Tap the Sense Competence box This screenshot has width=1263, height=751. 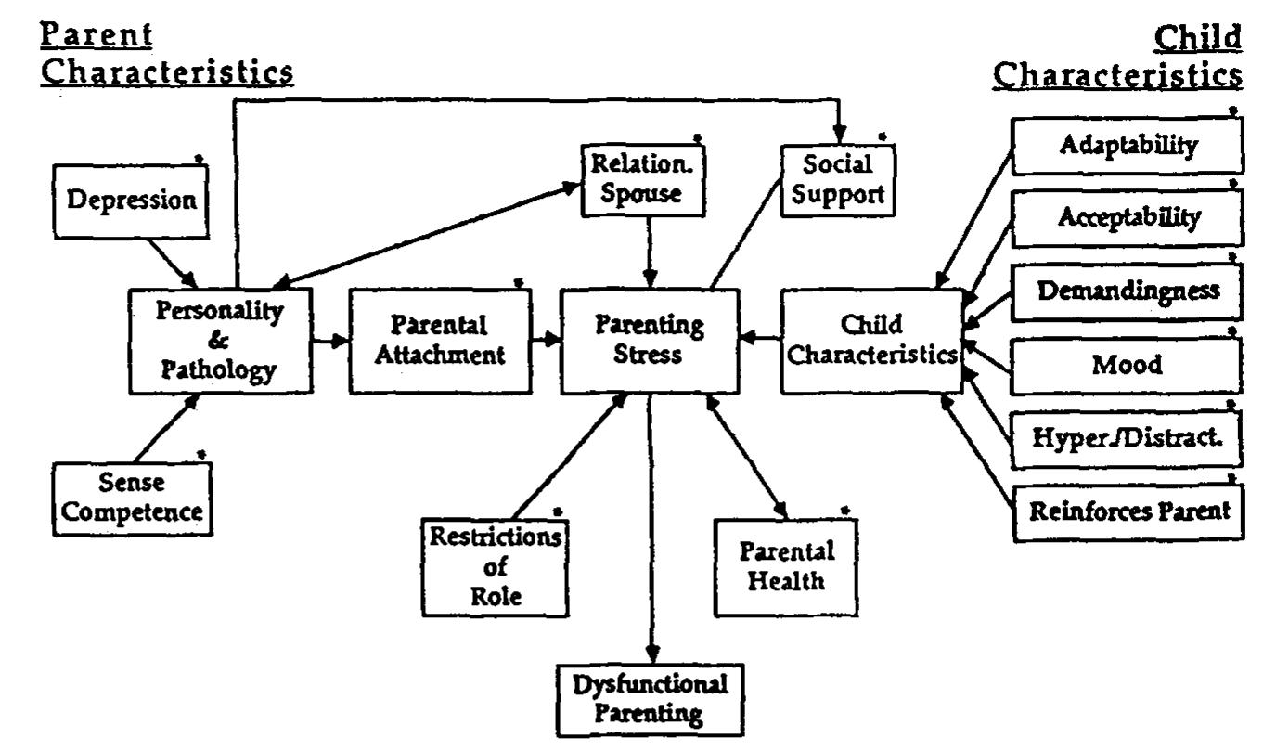pos(131,498)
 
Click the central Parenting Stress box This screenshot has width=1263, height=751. pos(650,341)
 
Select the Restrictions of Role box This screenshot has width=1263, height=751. pos(495,565)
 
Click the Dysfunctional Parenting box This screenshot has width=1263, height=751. pos(651,699)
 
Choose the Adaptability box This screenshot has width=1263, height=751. pos(1126,146)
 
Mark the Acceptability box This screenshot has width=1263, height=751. pos(1126,219)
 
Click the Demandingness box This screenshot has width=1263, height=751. pos(1126,291)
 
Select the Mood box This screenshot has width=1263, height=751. pos(1126,364)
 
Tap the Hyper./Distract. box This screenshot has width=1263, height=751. pos(1126,436)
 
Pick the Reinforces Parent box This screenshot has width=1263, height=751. pos(1126,510)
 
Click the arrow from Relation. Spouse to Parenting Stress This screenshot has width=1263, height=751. pos(651,249)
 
